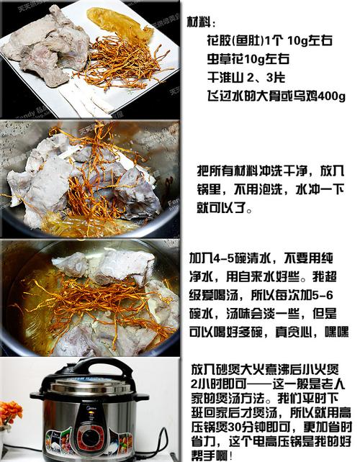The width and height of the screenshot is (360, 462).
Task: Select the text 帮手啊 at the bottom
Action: point(210,456)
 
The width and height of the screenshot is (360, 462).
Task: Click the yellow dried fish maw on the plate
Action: point(120,24)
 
